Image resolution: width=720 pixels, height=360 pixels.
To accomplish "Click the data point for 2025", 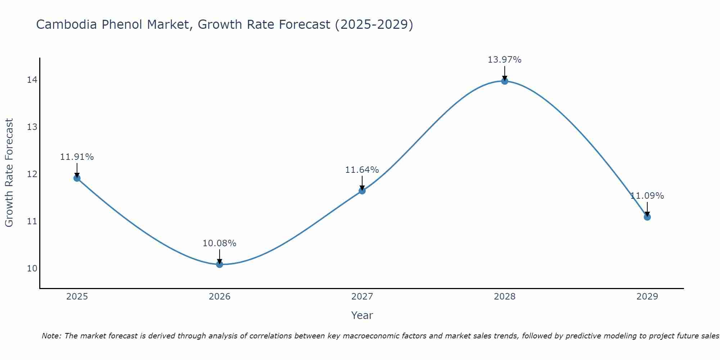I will [77, 178].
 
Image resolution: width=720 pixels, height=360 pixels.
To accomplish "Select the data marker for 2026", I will [220, 264].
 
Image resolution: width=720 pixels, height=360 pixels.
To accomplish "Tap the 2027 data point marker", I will [362, 191].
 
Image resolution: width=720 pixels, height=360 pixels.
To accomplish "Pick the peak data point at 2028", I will [505, 81].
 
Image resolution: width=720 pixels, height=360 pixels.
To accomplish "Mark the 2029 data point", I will [647, 217].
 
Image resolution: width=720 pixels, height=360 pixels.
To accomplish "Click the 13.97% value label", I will [504, 60].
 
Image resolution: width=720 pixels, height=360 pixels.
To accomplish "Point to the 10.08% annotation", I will [219, 243].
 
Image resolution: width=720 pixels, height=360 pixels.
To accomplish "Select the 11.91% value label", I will [77, 157].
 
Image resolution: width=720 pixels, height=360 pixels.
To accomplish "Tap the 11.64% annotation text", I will [362, 170].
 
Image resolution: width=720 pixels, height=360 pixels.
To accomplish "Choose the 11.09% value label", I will [647, 196].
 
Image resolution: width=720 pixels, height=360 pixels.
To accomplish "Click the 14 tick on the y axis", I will [32, 80].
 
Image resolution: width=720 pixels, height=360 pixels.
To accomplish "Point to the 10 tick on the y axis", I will [32, 269].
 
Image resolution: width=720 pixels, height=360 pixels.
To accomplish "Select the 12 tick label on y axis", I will [32, 174].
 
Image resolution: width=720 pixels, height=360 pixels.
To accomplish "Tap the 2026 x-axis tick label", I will [220, 297].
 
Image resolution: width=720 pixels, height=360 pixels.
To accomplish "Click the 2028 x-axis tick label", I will [505, 297].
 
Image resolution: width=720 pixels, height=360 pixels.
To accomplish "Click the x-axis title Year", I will [362, 315].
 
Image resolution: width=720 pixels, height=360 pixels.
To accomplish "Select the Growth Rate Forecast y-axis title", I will [9, 173].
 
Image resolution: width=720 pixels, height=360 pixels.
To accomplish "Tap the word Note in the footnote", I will [51, 336].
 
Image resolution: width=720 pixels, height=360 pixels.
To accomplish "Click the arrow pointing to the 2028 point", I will [505, 73].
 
